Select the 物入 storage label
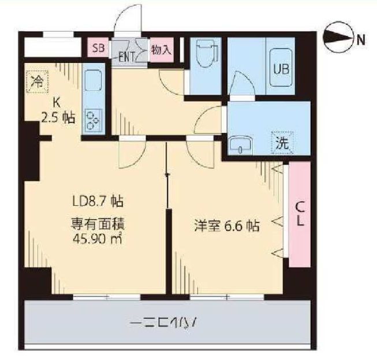pos(162,49)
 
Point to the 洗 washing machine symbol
pos(282,143)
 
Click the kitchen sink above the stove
pos(92,80)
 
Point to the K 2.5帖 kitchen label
pos(57,110)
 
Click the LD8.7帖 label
pos(96,202)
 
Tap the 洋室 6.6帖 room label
pos(226,226)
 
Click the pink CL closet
pos(300,214)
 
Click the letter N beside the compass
pos(361,40)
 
